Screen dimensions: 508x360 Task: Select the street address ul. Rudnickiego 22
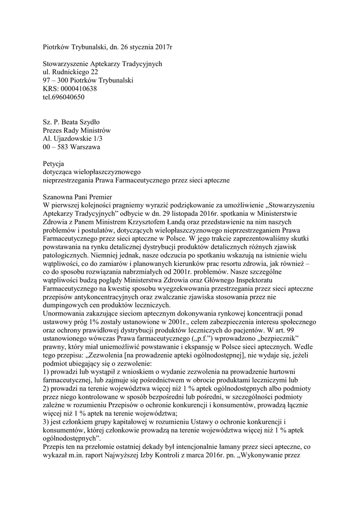click(x=71, y=72)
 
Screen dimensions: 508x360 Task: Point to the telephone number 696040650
click(x=68, y=97)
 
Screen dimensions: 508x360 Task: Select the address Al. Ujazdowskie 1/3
click(x=73, y=139)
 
